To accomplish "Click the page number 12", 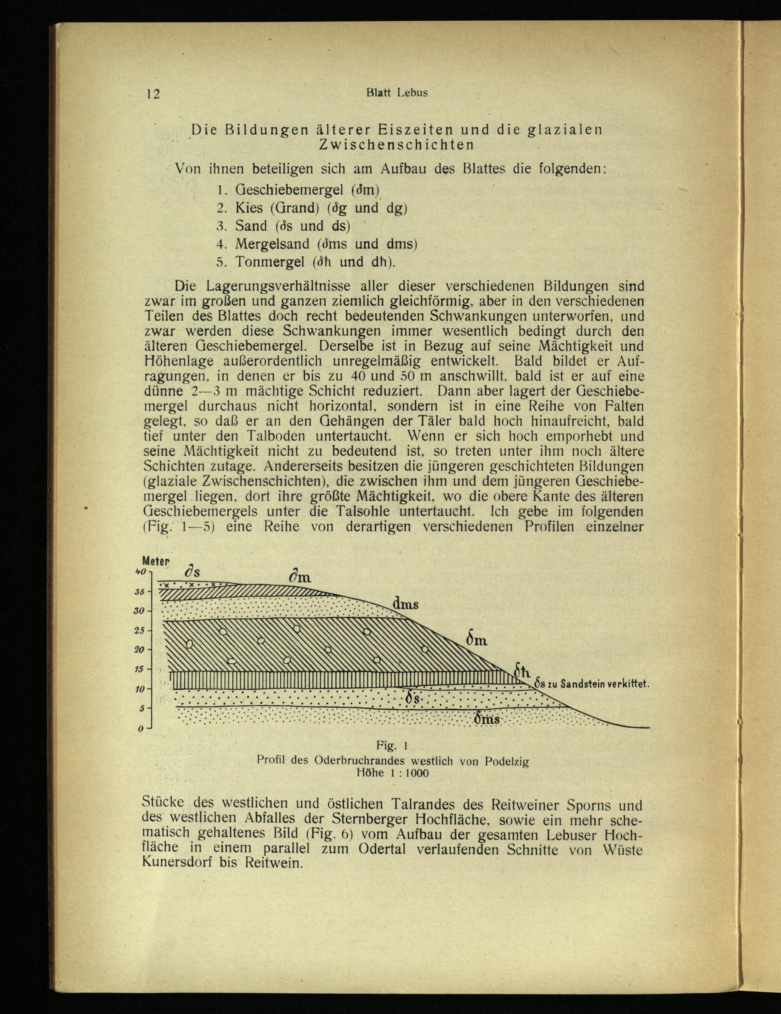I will tap(153, 94).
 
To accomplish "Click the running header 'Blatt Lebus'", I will tap(397, 92).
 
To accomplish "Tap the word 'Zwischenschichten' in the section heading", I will tap(396, 144).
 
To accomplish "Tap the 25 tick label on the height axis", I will tap(140, 630).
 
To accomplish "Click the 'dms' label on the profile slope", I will tap(405, 604).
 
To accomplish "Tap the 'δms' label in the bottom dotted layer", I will tap(487, 719).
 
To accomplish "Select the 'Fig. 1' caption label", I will tap(392, 746).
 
